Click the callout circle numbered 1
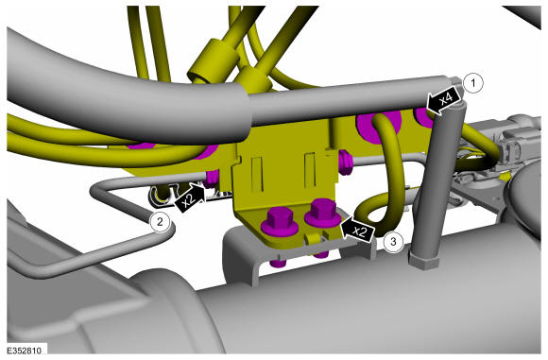(472, 83)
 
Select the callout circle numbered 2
(160, 221)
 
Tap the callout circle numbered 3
(393, 241)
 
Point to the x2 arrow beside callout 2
(190, 198)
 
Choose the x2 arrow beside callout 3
(357, 230)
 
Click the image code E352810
(24, 351)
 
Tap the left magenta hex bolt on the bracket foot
(280, 221)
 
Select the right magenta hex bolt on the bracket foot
(322, 214)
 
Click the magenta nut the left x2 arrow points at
(212, 179)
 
